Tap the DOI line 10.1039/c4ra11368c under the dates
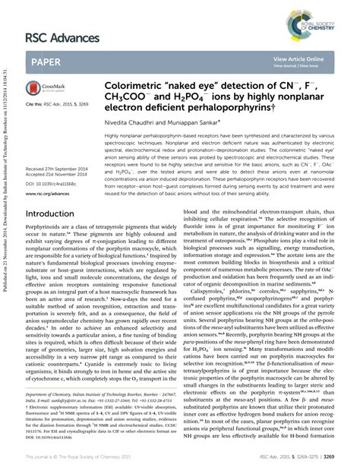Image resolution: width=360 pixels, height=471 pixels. click(50, 182)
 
